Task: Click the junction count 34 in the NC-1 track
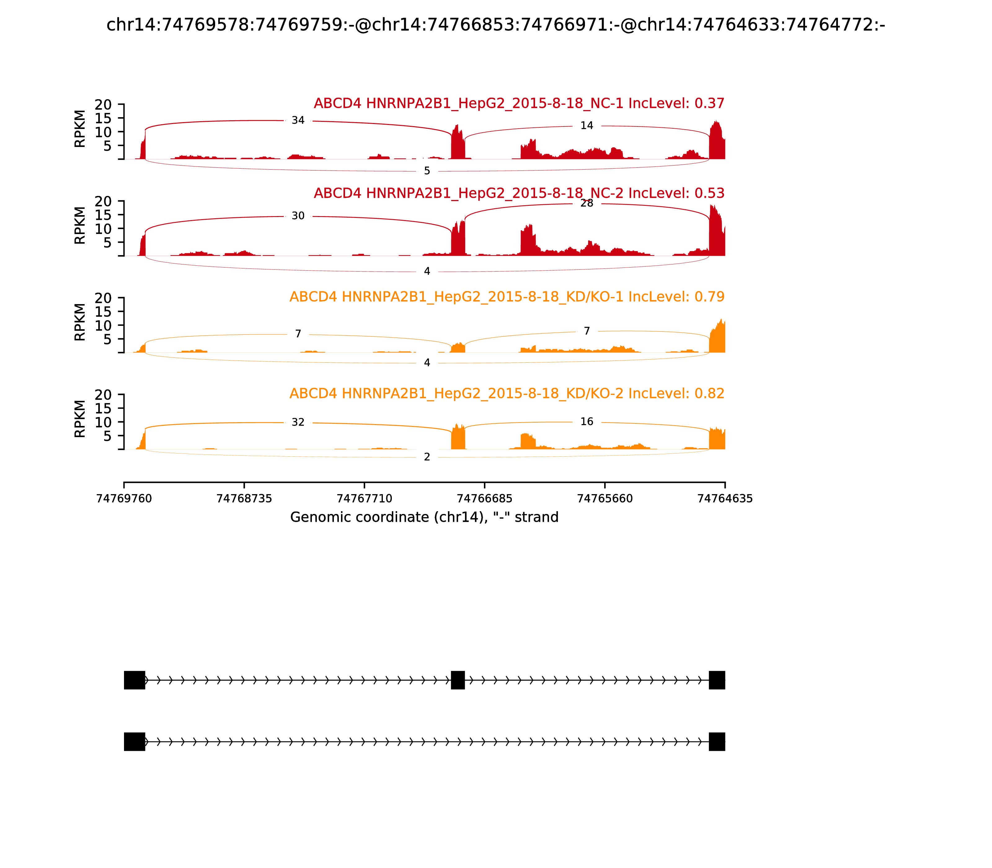pyautogui.click(x=298, y=121)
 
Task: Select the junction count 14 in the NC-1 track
pyautogui.click(x=587, y=126)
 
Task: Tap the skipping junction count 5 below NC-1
pyautogui.click(x=427, y=171)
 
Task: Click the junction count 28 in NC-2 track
pyautogui.click(x=587, y=203)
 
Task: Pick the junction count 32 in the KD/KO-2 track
pyautogui.click(x=298, y=422)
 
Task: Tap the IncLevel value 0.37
pyautogui.click(x=709, y=104)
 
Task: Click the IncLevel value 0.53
pyautogui.click(x=709, y=193)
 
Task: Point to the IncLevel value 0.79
pyautogui.click(x=709, y=297)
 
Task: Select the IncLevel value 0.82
pyautogui.click(x=709, y=393)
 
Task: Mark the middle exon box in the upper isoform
pyautogui.click(x=458, y=680)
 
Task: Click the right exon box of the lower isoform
pyautogui.click(x=717, y=742)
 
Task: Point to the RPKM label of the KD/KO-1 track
pyautogui.click(x=80, y=322)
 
